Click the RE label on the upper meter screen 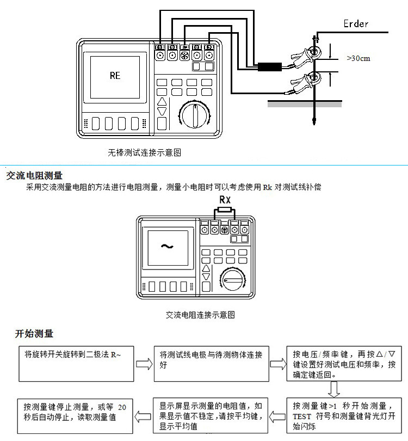[115, 75]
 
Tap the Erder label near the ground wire [356, 23]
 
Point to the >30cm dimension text [358, 58]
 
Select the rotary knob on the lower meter [232, 279]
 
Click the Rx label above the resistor [225, 200]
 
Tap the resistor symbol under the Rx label [225, 210]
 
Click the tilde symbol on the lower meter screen [167, 247]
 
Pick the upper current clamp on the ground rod [306, 56]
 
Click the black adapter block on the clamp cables [270, 67]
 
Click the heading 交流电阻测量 [34, 175]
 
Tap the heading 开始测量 [34, 334]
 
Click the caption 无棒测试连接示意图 [144, 152]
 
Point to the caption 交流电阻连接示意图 [200, 315]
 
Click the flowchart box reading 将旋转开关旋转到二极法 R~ [76, 364]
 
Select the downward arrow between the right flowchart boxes [334, 389]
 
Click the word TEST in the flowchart [302, 416]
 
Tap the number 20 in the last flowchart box [122, 407]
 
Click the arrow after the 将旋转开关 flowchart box [144, 364]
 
